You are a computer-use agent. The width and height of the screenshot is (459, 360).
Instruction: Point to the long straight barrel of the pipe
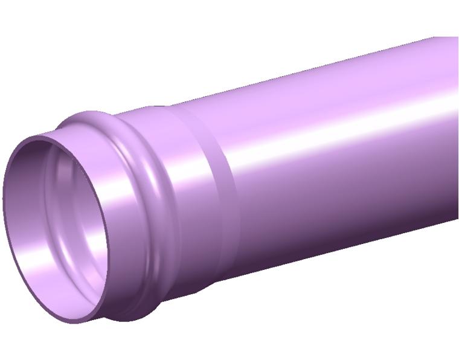(x=338, y=151)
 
